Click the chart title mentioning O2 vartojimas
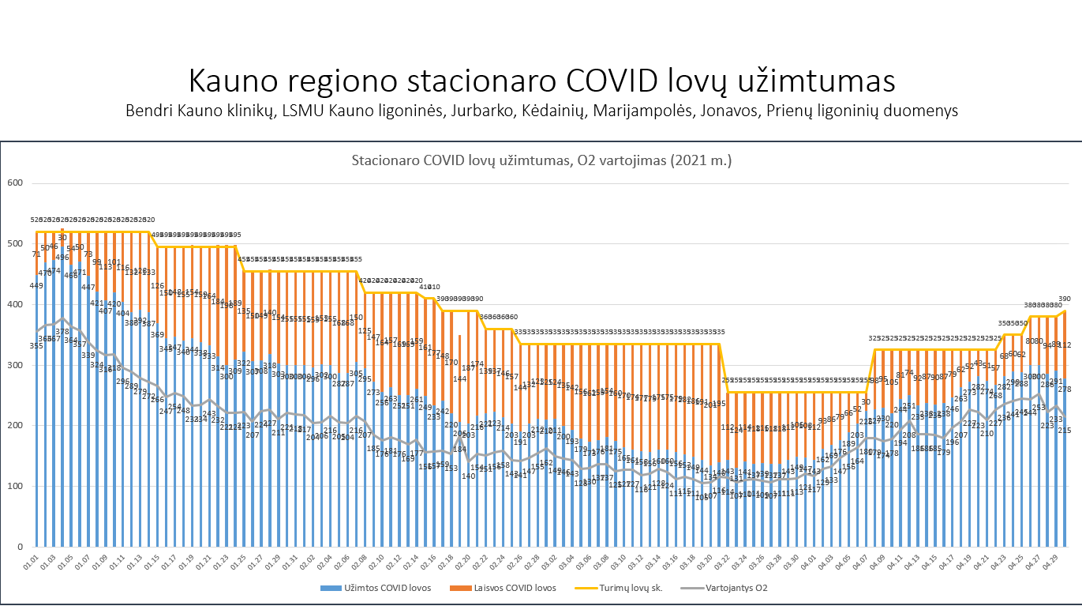point(541,160)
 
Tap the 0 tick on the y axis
point(21,547)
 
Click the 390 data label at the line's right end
point(1064,299)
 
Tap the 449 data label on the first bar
point(36,285)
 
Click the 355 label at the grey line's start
point(36,345)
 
